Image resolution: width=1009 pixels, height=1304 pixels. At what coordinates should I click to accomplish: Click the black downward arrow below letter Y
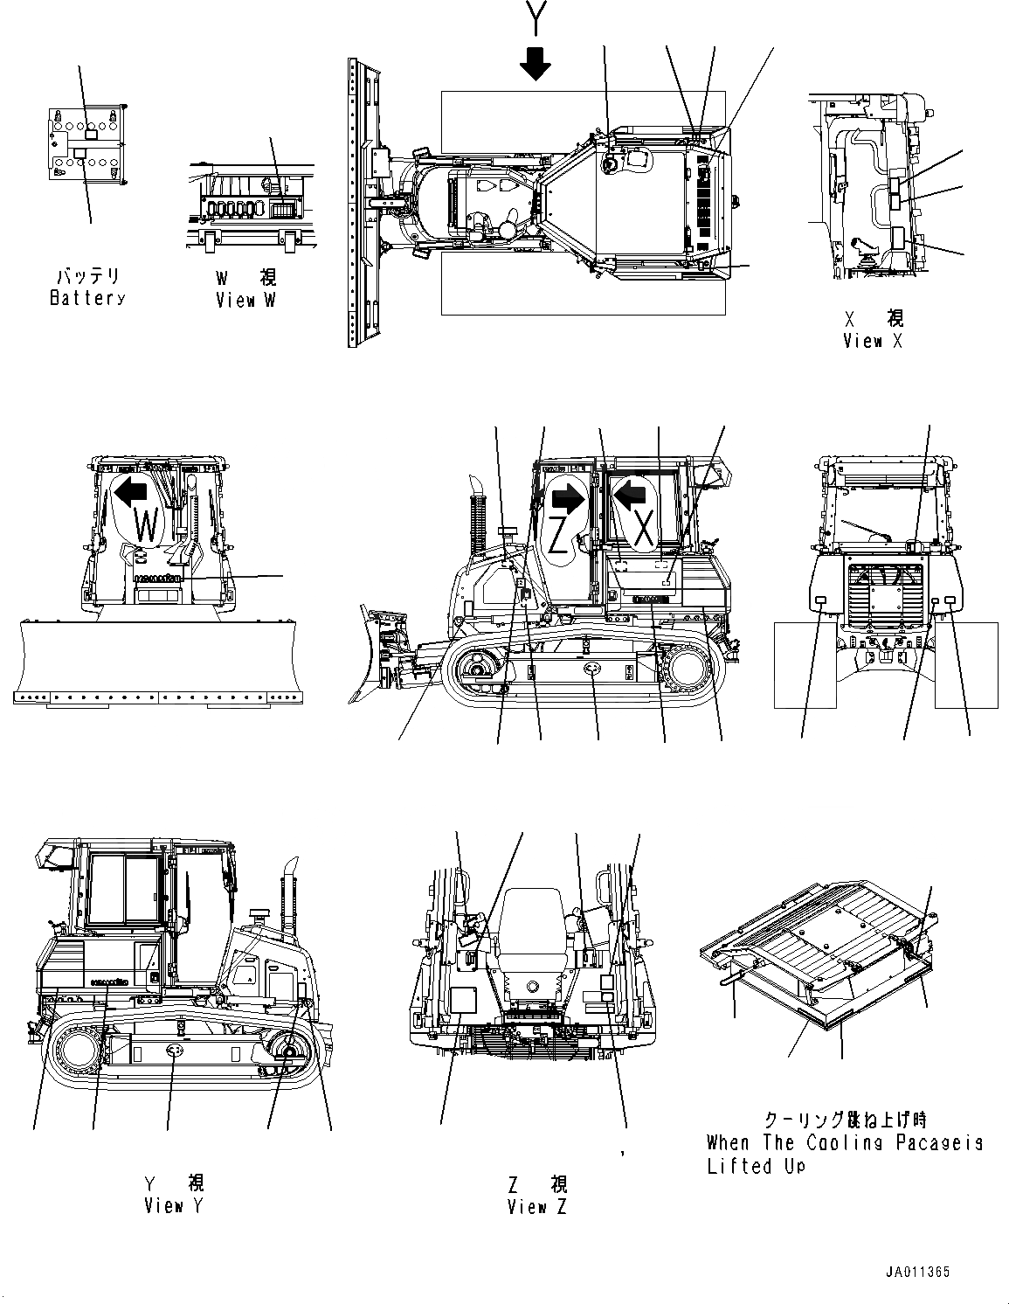[x=535, y=63]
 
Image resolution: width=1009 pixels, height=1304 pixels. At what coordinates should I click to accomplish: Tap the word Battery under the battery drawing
[x=87, y=298]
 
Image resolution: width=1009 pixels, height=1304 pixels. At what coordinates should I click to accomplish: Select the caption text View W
[x=247, y=300]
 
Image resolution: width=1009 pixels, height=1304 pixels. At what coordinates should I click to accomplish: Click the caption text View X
[x=873, y=341]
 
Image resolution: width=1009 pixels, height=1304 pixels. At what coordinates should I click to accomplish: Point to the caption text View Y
[x=176, y=1206]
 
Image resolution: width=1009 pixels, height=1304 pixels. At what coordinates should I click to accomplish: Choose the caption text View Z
[x=537, y=1207]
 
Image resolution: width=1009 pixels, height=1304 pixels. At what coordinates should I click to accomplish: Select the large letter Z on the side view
[x=558, y=535]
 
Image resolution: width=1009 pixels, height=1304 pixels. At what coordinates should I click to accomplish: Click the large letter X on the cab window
[x=643, y=530]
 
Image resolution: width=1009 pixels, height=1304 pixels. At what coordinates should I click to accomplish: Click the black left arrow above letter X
[x=630, y=496]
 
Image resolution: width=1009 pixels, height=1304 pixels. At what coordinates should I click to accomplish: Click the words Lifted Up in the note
[x=757, y=1166]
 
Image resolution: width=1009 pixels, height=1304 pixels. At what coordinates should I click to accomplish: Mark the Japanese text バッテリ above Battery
[x=87, y=276]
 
